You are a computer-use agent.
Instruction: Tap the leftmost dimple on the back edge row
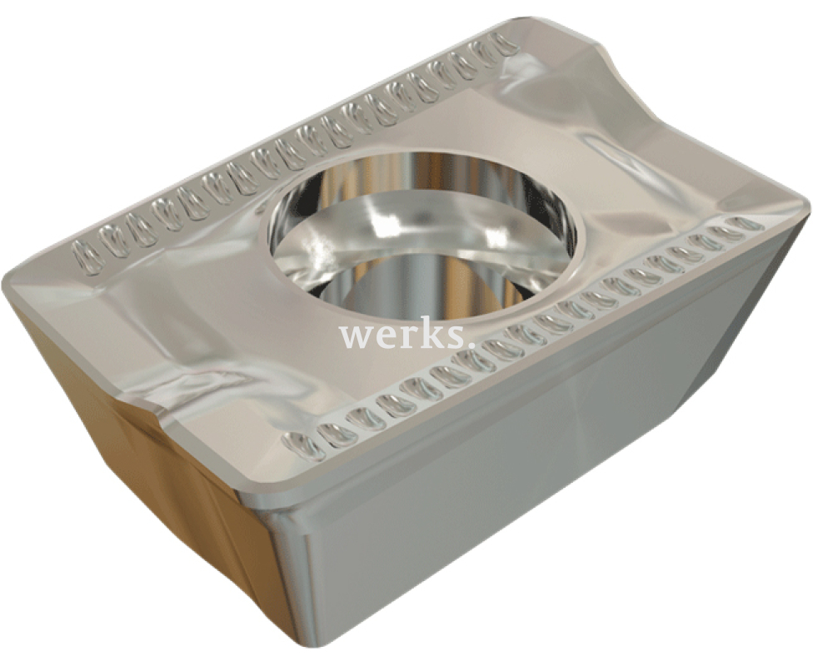86,257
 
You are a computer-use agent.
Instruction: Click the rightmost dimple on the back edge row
505,43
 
